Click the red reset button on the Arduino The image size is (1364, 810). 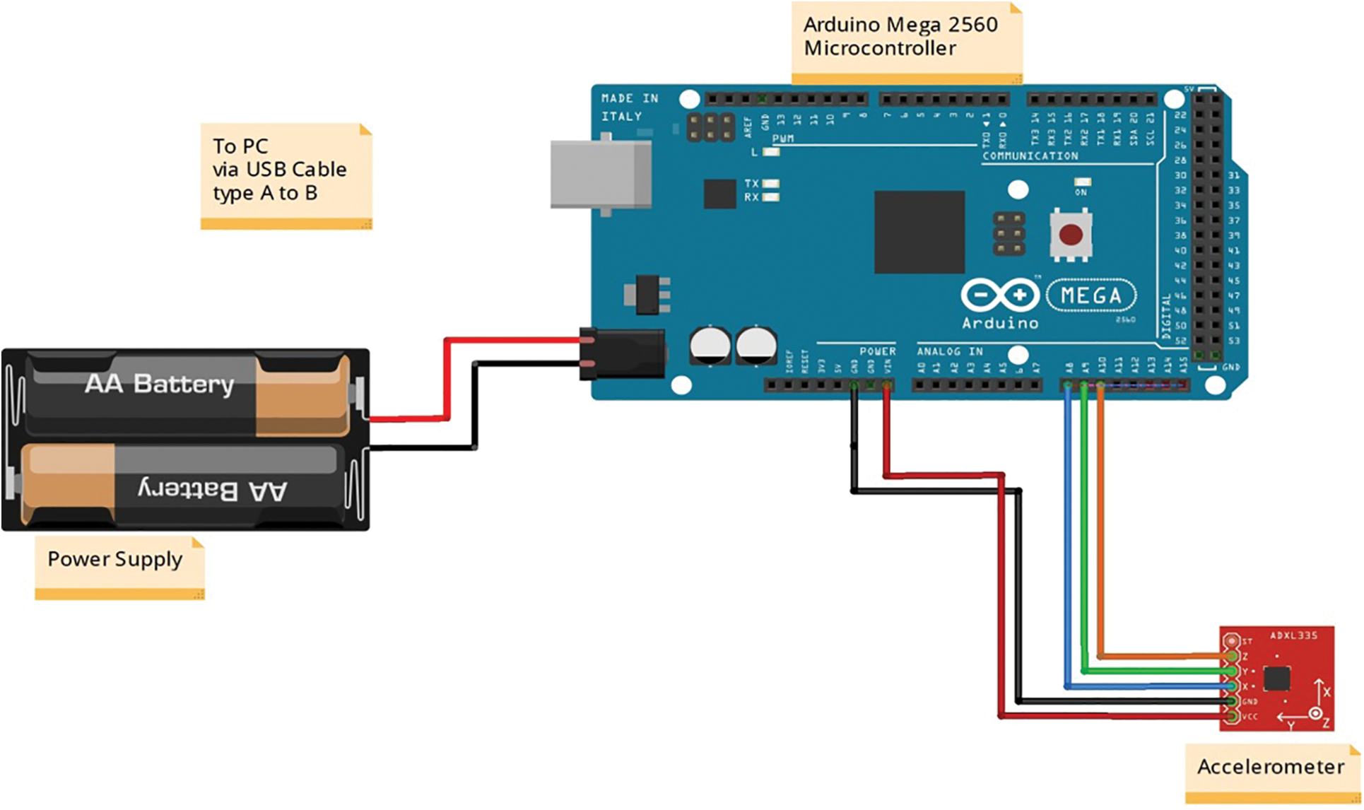click(1071, 235)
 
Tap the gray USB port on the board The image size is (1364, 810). click(601, 174)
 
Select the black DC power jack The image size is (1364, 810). click(622, 353)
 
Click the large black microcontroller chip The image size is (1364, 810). click(919, 232)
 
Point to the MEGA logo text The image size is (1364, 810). click(1091, 295)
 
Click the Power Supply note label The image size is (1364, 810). click(115, 560)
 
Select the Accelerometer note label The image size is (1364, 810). click(1270, 768)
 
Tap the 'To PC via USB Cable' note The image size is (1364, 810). click(281, 170)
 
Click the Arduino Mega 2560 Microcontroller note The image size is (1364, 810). click(901, 37)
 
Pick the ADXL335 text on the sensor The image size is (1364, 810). click(1293, 635)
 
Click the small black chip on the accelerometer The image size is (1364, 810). click(1276, 679)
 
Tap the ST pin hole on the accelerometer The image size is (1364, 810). click(1232, 641)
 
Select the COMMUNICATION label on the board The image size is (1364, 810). click(1030, 156)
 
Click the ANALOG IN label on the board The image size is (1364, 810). click(950, 351)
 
